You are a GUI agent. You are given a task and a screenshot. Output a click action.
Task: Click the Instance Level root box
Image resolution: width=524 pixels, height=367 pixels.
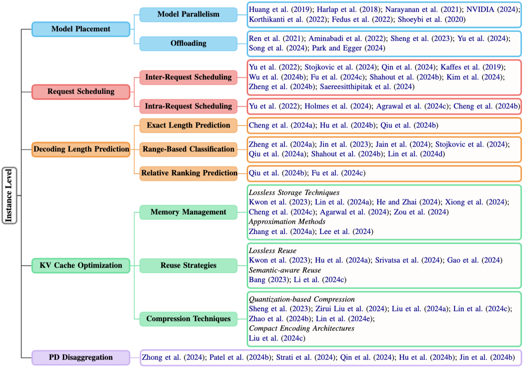[10, 195]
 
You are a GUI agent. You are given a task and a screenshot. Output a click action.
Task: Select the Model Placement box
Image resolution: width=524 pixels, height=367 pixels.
[81, 29]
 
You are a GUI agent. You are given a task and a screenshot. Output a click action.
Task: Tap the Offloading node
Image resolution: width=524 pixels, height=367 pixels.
[188, 43]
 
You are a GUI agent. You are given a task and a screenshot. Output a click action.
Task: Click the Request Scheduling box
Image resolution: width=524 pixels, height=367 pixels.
[81, 92]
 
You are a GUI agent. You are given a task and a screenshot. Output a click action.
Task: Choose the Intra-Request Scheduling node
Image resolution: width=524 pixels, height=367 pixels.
[188, 106]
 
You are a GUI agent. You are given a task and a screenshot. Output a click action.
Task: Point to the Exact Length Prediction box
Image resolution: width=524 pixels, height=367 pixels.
[188, 125]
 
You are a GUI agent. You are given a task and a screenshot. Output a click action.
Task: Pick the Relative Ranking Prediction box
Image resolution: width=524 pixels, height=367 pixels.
[188, 173]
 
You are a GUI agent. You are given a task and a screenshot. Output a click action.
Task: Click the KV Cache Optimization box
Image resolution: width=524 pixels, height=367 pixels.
[81, 265]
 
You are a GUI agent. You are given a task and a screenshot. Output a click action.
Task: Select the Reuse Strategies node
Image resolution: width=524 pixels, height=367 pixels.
[188, 265]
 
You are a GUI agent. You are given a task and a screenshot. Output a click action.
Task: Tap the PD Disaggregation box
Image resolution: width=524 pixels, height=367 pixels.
[81, 357]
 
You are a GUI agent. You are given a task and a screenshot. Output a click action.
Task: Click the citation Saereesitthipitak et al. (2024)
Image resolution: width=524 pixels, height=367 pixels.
[367, 87]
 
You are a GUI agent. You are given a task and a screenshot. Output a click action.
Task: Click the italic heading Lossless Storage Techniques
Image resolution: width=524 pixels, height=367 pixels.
[294, 192]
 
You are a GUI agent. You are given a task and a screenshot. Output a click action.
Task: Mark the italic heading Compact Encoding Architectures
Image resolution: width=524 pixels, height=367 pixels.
[301, 328]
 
